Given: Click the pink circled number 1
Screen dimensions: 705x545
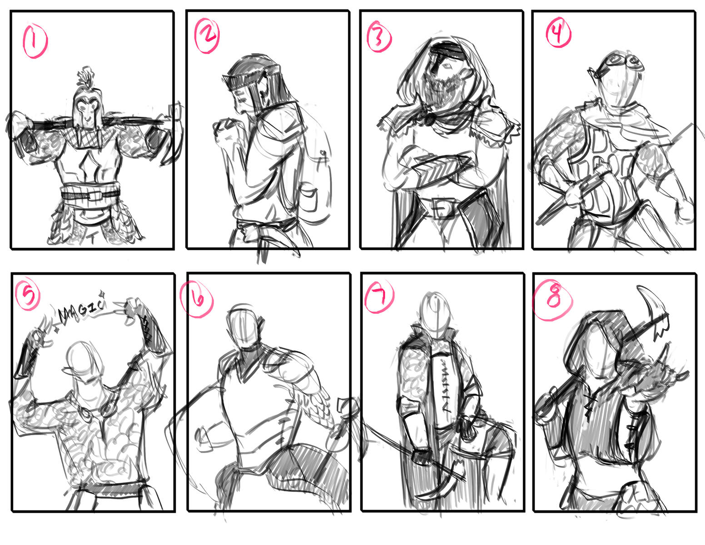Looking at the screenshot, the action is [35, 41].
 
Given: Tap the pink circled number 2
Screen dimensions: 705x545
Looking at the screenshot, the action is [207, 35].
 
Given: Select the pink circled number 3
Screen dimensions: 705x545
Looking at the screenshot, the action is [379, 36].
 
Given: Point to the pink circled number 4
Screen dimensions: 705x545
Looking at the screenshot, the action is [558, 32].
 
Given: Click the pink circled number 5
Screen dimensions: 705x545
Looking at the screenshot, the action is [28, 295].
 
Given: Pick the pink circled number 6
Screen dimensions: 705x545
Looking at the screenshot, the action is [197, 298].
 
